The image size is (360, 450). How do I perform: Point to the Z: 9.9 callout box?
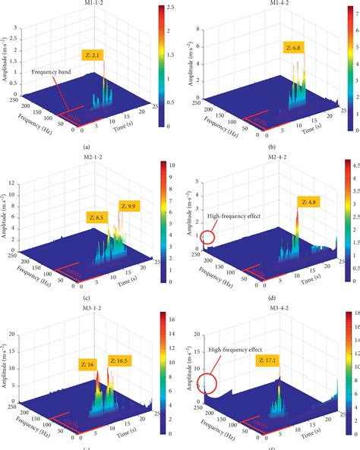point(128,206)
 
